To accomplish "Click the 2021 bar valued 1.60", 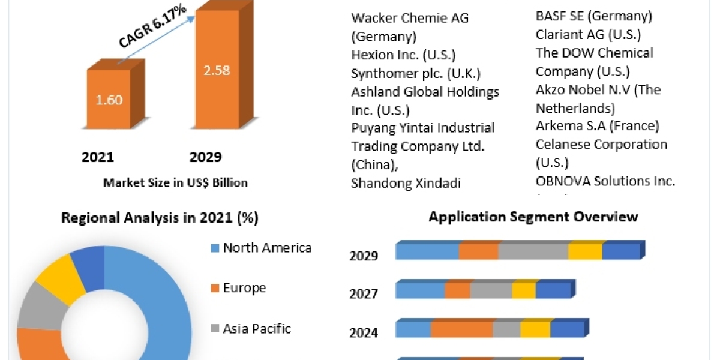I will click(x=109, y=99).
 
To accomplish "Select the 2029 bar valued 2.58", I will click(x=217, y=70).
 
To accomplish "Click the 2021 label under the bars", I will click(x=98, y=157).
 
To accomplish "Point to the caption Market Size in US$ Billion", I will click(x=175, y=182).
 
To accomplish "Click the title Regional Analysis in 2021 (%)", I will click(x=160, y=218).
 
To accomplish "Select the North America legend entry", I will click(x=267, y=248).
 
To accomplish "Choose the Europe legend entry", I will click(x=244, y=288).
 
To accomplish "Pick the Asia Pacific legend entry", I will click(x=256, y=329).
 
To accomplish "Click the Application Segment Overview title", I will click(x=533, y=217).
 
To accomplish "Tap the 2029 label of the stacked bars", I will click(x=364, y=256).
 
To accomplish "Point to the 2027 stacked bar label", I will click(x=364, y=294).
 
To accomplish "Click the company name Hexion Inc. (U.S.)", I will click(x=403, y=55).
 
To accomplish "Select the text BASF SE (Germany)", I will click(x=593, y=16).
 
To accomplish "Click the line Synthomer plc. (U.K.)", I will click(x=416, y=73).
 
